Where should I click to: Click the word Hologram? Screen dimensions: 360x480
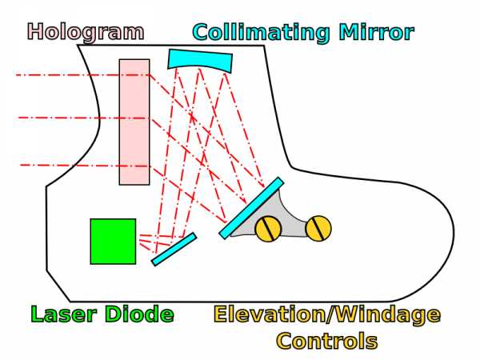pyautogui.click(x=86, y=32)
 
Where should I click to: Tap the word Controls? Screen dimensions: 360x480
pyautogui.click(x=326, y=341)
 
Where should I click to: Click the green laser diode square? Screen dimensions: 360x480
pyautogui.click(x=113, y=241)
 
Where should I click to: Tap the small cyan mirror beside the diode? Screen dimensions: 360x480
pyautogui.click(x=174, y=250)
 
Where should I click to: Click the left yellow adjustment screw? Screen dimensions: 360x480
pyautogui.click(x=268, y=229)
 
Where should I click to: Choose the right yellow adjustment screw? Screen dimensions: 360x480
pyautogui.click(x=318, y=229)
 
